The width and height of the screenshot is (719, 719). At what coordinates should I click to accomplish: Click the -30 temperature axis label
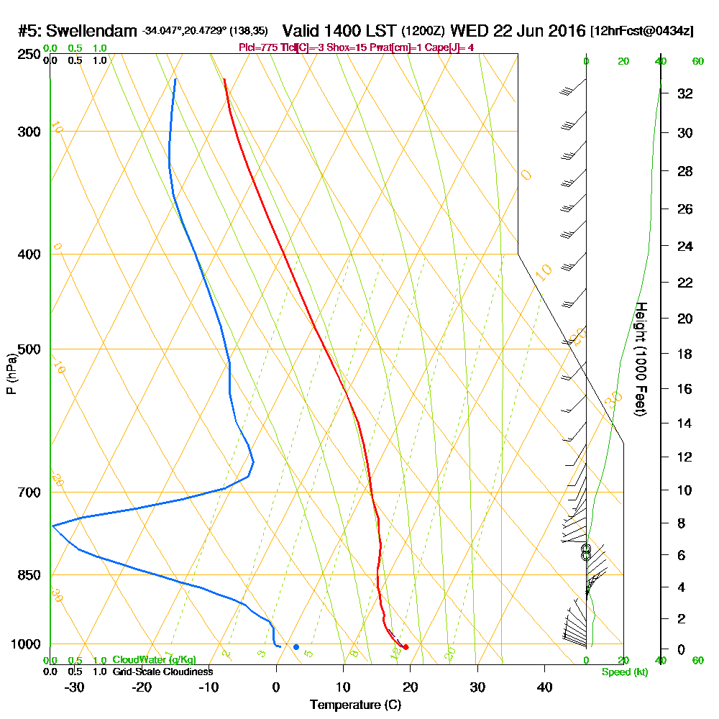pyautogui.click(x=74, y=687)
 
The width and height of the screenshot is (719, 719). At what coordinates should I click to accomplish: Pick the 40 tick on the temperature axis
pyautogui.click(x=544, y=687)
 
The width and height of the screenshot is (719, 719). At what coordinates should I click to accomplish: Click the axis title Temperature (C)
pyautogui.click(x=355, y=705)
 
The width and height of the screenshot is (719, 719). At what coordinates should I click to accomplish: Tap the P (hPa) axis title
pyautogui.click(x=11, y=374)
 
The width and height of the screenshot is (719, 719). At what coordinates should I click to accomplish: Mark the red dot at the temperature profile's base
pyautogui.click(x=406, y=647)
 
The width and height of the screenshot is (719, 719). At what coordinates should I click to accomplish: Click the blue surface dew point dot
pyautogui.click(x=296, y=647)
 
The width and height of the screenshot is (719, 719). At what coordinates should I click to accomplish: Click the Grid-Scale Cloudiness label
pyautogui.click(x=162, y=672)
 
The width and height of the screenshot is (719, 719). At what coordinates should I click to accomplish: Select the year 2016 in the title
pyautogui.click(x=563, y=31)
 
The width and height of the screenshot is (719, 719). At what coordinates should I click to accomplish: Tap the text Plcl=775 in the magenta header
pyautogui.click(x=259, y=47)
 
